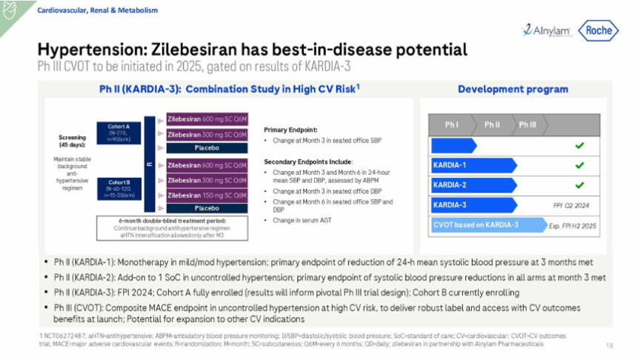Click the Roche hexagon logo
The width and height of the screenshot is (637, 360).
point(597,30)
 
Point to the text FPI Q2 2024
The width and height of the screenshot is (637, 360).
point(571,204)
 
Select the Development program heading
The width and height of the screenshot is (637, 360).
point(513,90)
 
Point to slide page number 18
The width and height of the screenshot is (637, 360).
point(609,345)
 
